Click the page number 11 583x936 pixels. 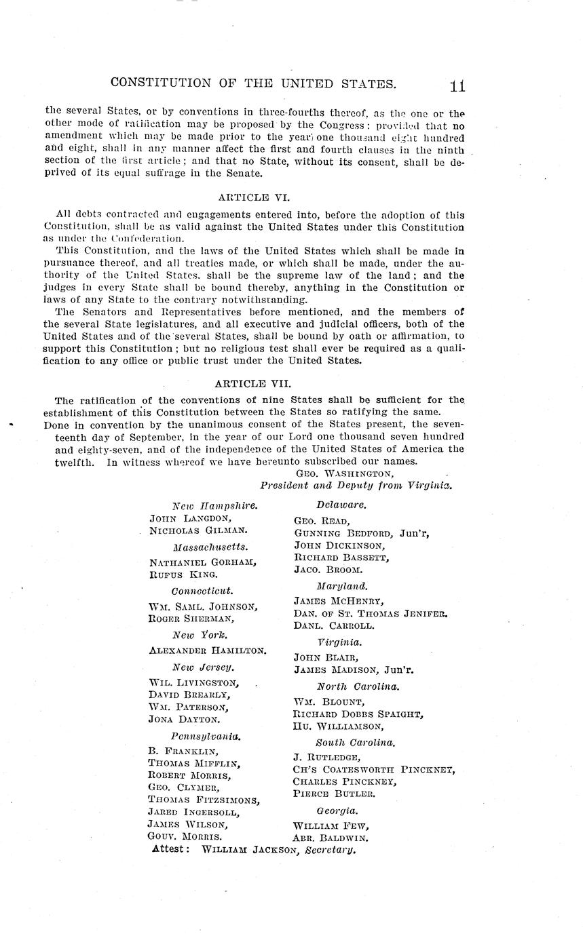[456, 86]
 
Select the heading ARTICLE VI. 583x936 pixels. [253, 197]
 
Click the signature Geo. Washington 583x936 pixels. [344, 473]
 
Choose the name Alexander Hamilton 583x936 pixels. [207, 650]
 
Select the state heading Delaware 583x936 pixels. [341, 505]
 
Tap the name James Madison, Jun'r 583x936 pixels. [354, 670]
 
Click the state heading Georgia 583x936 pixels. [337, 811]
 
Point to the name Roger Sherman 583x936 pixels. [191, 619]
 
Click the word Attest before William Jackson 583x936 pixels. [170, 849]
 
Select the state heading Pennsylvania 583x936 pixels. [206, 735]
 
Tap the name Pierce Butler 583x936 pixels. [334, 793]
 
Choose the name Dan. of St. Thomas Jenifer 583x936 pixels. [371, 613]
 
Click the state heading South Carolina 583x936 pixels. [355, 743]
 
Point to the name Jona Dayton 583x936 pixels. [183, 720]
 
